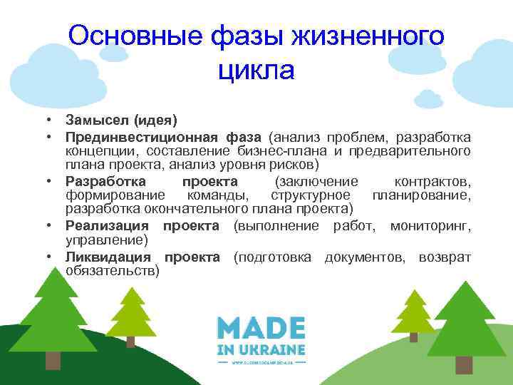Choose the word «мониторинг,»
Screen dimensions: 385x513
pos(430,226)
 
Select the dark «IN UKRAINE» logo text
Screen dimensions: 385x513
pos(261,349)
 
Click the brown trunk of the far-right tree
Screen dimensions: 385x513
pos(464,364)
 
